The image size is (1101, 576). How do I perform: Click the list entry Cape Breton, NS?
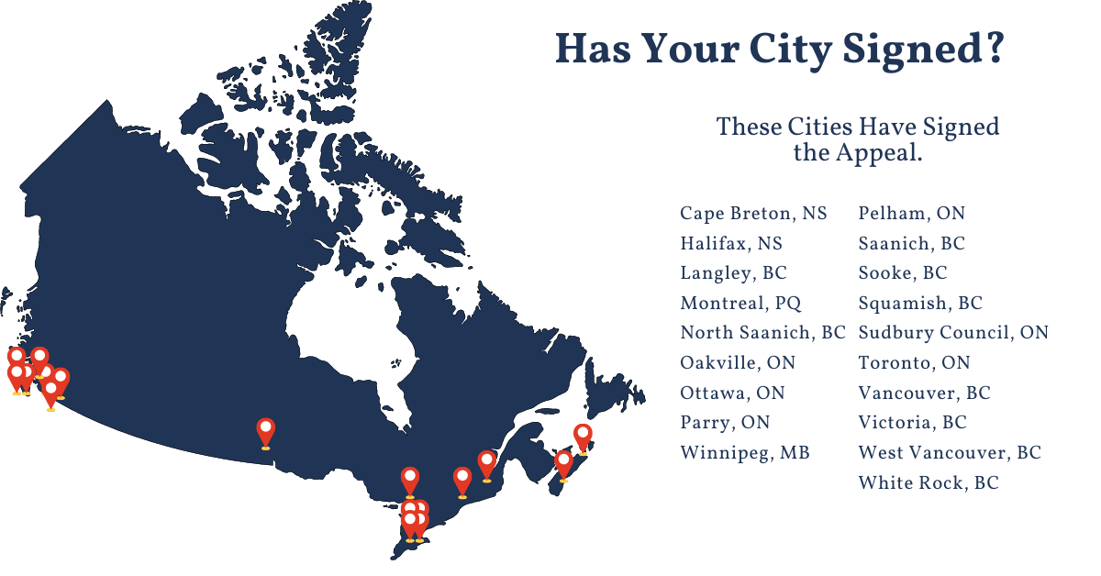pyautogui.click(x=753, y=214)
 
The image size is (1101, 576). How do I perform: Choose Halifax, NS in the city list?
pyautogui.click(x=731, y=244)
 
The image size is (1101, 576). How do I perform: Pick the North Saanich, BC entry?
pyautogui.click(x=762, y=333)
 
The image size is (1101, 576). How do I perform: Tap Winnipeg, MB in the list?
pyautogui.click(x=745, y=453)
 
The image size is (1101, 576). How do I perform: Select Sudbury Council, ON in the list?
pyautogui.click(x=953, y=333)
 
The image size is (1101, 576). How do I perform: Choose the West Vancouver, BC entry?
pyautogui.click(x=950, y=453)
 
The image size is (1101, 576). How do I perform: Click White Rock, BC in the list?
pyautogui.click(x=929, y=482)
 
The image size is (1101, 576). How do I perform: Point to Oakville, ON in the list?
pyautogui.click(x=738, y=363)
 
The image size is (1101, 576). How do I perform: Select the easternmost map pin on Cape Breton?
pyautogui.click(x=583, y=437)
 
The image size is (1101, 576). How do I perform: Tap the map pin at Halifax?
pyautogui.click(x=564, y=463)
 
